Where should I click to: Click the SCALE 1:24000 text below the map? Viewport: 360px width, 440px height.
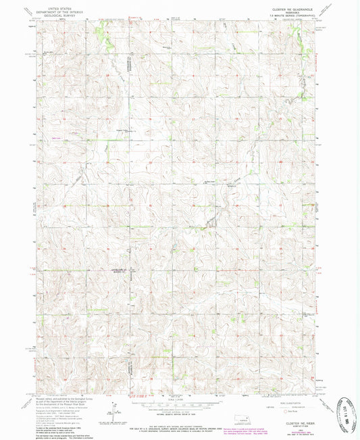(x=180, y=399)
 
